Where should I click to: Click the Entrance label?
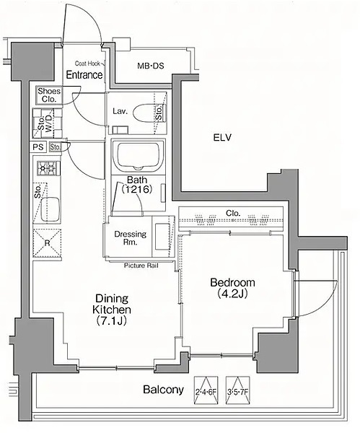[84, 74]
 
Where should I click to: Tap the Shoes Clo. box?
[49, 95]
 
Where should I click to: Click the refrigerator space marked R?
[47, 243]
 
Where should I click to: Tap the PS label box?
[38, 146]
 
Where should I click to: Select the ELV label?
[222, 137]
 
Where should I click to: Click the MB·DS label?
[151, 66]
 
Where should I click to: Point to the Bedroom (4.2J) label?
[232, 288]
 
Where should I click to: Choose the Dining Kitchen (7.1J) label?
[112, 310]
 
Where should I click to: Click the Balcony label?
[164, 390]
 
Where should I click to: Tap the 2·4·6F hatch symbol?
[206, 390]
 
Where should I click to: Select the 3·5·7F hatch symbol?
[237, 390]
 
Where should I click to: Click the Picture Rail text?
[141, 266]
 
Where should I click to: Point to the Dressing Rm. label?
[131, 238]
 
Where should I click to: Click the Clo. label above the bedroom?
[233, 213]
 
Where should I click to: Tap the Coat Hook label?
[87, 64]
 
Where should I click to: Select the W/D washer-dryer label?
[49, 123]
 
